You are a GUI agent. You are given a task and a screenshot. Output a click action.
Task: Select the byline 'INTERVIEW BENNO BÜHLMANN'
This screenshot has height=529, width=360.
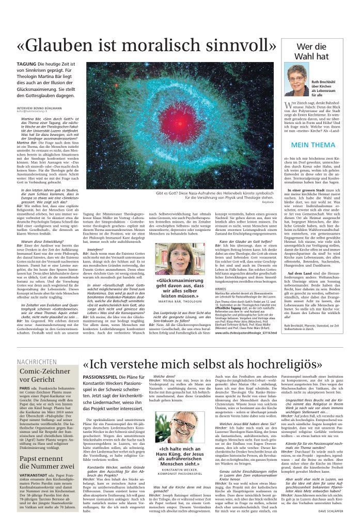[39, 108]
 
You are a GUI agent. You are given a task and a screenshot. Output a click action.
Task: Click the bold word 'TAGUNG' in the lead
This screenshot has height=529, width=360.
[26, 63]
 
